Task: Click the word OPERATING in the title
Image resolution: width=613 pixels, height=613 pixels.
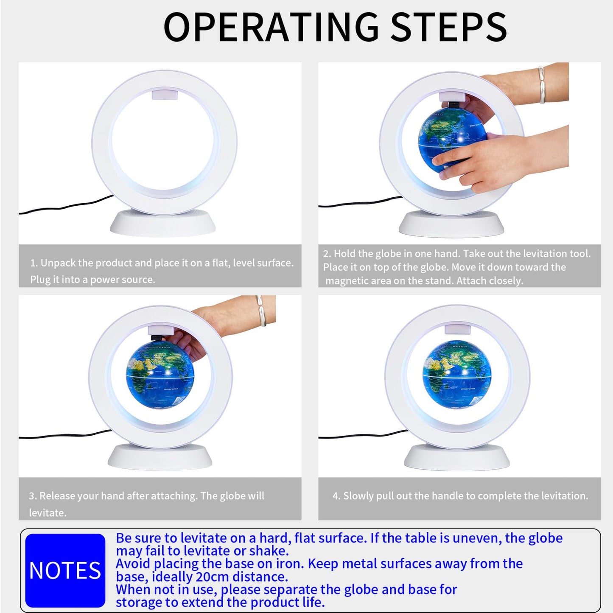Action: (271, 27)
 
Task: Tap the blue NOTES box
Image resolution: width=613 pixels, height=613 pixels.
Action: (65, 570)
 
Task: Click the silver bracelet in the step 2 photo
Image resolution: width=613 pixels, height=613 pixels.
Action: (542, 85)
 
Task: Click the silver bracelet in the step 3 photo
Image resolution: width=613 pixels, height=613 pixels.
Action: (262, 311)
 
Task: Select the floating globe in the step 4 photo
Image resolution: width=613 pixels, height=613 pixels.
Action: (457, 374)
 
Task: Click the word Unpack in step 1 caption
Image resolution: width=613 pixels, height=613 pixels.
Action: (58, 263)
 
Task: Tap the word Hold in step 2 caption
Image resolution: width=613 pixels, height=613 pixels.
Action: (344, 254)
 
